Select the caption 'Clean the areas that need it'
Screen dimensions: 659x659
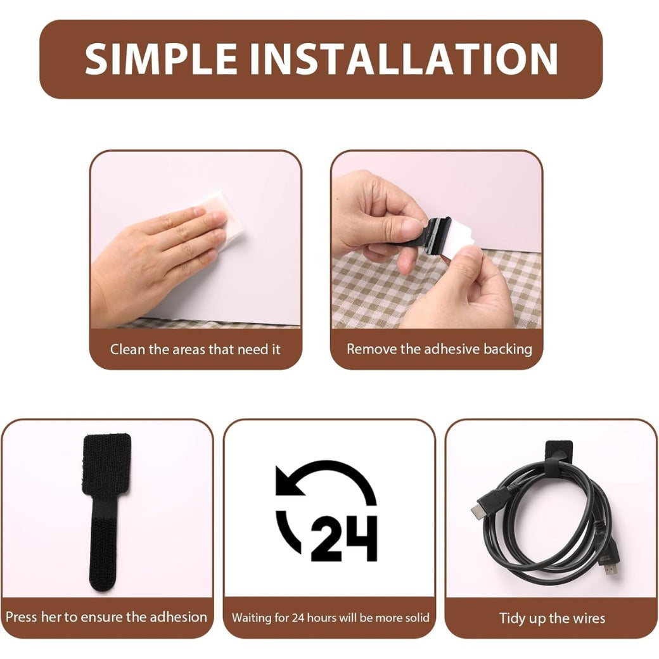point(195,349)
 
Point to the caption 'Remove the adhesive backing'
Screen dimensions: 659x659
point(439,349)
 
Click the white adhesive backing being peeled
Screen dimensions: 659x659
point(457,240)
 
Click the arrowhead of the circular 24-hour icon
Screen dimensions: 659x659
point(286,482)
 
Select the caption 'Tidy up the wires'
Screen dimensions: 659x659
point(552,618)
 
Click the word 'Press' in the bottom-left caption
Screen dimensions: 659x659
point(21,617)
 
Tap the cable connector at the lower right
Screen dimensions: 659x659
point(609,566)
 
